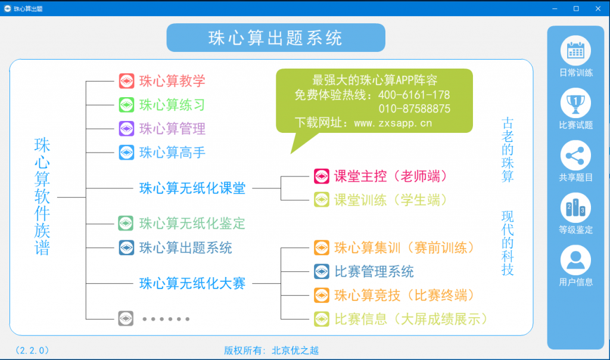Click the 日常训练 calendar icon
(575, 51)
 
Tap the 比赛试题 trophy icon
(575, 103)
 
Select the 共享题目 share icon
(575, 156)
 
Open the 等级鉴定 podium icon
(575, 208)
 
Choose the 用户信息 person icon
(575, 260)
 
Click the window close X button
(598, 8)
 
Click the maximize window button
(576, 8)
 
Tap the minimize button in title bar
(555, 8)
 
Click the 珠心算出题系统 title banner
(276, 38)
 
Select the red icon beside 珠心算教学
(126, 81)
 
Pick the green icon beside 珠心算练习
(126, 105)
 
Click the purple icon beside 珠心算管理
(126, 128)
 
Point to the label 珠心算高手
(172, 153)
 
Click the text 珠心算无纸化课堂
(192, 188)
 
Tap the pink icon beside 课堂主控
(322, 176)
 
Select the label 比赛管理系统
(374, 272)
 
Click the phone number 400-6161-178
(414, 95)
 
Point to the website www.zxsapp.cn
(393, 123)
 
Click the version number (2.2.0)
(32, 350)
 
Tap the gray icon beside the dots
(126, 319)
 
